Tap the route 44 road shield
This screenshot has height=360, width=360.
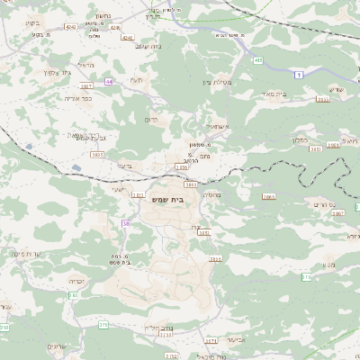pos(109,81)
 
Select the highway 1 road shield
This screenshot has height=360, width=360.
pos(298,74)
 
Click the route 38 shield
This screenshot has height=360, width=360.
pos(126,223)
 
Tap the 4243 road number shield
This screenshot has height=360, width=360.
pos(70,27)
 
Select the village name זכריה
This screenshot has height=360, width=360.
pos(76,281)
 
